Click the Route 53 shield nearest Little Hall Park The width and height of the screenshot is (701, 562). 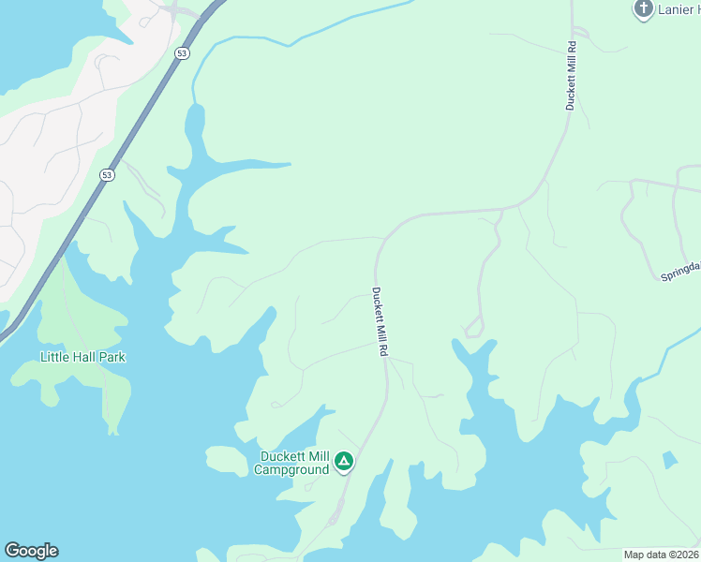[x=108, y=175]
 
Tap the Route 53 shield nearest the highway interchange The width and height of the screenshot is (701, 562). [x=182, y=53]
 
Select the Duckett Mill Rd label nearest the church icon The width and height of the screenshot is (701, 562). [x=570, y=77]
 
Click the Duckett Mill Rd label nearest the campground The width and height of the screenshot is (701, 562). [x=380, y=321]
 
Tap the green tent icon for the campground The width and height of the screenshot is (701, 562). [x=344, y=461]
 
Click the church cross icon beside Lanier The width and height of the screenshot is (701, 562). [x=643, y=9]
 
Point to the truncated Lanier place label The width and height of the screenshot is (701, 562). [x=679, y=9]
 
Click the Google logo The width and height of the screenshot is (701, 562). [x=31, y=551]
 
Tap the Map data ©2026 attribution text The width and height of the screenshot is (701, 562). [x=661, y=555]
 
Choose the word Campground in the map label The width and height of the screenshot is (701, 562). [x=291, y=469]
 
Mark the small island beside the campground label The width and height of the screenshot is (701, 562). [x=225, y=459]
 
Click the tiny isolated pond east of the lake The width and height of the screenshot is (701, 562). [x=668, y=460]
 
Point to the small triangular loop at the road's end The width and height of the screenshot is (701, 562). [x=474, y=327]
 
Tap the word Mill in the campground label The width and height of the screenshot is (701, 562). [x=318, y=457]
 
